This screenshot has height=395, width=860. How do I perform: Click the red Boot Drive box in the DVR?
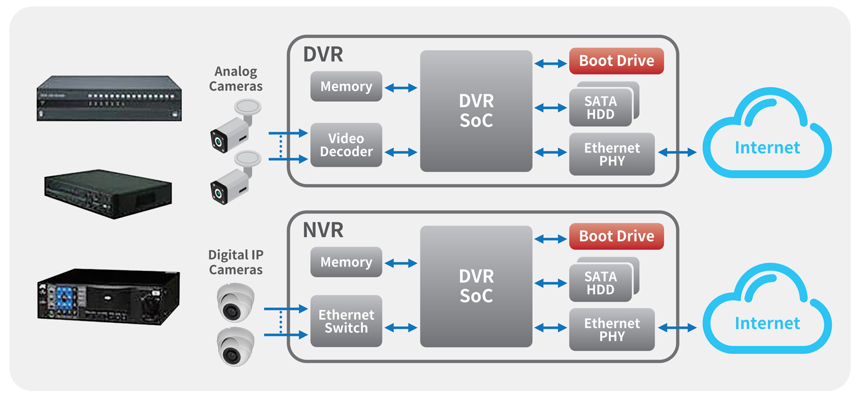tap(616, 61)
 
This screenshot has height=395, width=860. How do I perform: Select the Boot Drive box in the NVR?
tap(616, 237)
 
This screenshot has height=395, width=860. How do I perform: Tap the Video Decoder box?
tap(346, 145)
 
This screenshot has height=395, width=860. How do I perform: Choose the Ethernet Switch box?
tap(346, 322)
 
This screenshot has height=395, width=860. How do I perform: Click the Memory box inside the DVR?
tap(346, 87)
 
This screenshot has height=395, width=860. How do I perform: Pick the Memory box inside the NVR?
tap(346, 262)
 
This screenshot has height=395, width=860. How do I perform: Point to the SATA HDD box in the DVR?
tap(601, 107)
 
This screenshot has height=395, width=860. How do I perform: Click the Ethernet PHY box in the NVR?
tap(612, 330)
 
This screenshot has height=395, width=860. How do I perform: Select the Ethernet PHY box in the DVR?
tap(612, 154)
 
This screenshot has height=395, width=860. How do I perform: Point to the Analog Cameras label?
tap(236, 79)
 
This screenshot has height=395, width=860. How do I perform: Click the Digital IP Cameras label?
tap(236, 262)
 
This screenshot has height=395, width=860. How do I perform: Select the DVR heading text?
tap(323, 55)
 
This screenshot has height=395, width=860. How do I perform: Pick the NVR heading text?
tap(323, 230)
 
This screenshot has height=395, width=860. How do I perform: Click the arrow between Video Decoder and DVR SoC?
tap(401, 153)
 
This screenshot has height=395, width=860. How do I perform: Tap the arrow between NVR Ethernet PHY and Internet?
tap(678, 328)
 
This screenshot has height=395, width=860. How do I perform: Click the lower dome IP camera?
tap(235, 346)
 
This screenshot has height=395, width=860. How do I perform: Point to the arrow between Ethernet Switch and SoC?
tap(401, 328)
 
